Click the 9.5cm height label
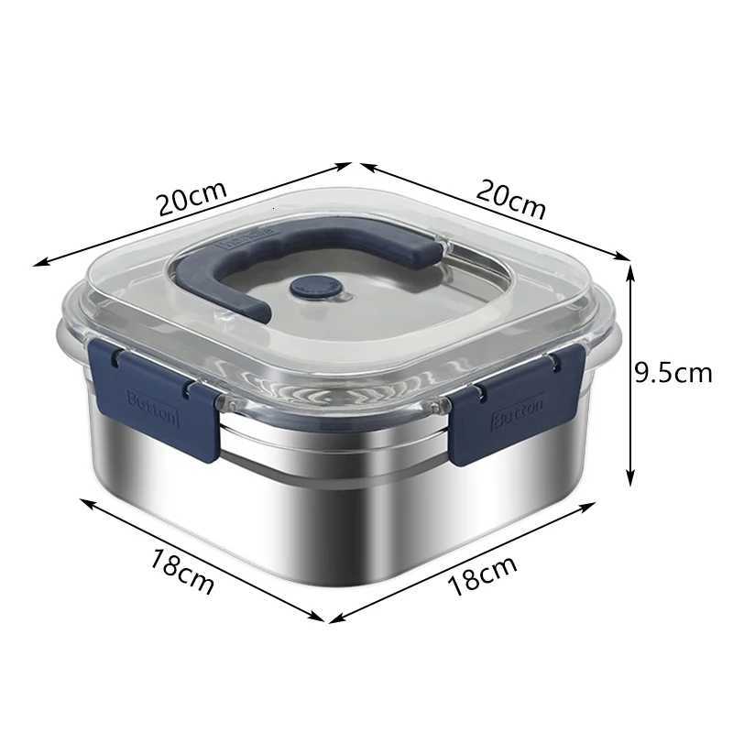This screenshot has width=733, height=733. point(673,372)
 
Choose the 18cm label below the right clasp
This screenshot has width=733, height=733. point(482,575)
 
